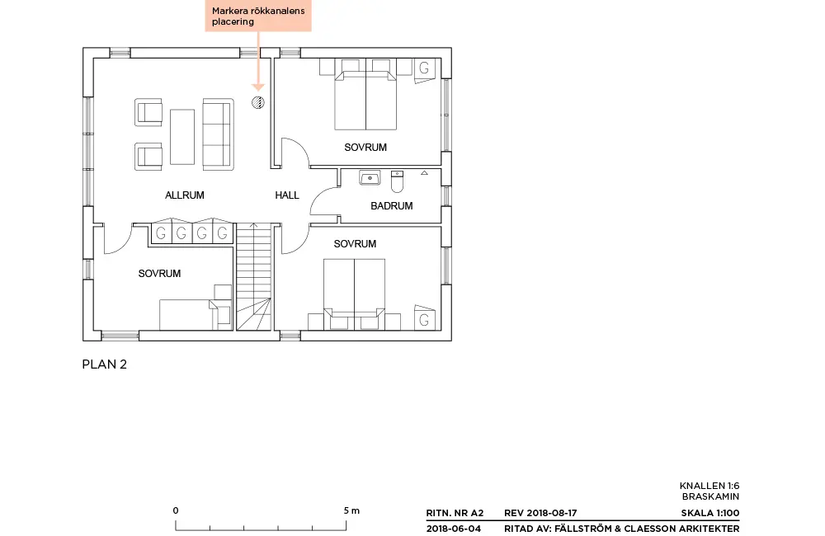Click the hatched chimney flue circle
[x=257, y=102]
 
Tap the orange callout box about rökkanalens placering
[x=258, y=16]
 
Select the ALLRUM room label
[x=185, y=195]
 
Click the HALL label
[x=287, y=195]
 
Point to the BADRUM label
[x=391, y=206]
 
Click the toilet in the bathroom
[x=398, y=181]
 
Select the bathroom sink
[x=370, y=178]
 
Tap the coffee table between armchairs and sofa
[x=182, y=137]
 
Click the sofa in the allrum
[x=218, y=134]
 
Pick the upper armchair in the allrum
[x=148, y=112]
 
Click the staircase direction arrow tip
[x=253, y=224]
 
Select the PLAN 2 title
[x=105, y=364]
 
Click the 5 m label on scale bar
[x=352, y=510]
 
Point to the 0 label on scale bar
[x=176, y=510]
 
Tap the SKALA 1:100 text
[x=710, y=513]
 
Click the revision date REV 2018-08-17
[x=540, y=513]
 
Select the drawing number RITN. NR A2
[x=455, y=513]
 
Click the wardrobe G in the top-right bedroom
[x=424, y=68]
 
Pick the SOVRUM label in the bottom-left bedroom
[x=159, y=274]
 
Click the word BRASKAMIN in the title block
[x=711, y=496]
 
